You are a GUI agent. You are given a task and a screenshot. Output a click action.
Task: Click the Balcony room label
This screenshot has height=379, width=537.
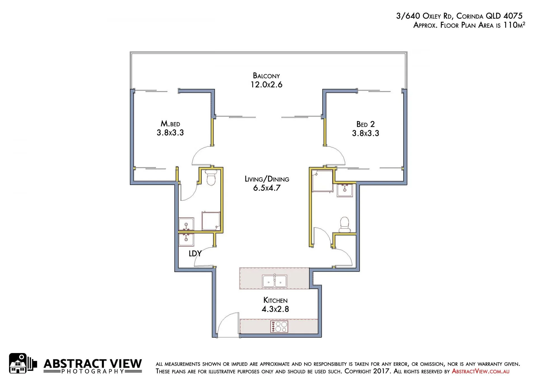pyautogui.click(x=266, y=76)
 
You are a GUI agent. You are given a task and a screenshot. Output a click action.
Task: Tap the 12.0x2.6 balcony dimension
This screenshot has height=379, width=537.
pyautogui.click(x=266, y=85)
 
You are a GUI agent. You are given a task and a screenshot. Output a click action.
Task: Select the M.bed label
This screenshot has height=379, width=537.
pyautogui.click(x=170, y=123)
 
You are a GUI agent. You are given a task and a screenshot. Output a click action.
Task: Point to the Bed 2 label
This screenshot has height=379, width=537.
pyautogui.click(x=366, y=124)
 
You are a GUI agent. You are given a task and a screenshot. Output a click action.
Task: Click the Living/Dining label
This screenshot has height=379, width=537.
pyautogui.click(x=267, y=179)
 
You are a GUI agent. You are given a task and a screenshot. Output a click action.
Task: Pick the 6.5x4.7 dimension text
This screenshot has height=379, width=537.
pyautogui.click(x=267, y=188)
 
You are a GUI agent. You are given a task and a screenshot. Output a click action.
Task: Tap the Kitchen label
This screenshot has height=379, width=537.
pyautogui.click(x=275, y=300)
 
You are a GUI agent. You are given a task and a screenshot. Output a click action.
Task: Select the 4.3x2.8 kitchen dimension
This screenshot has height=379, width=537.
pyautogui.click(x=275, y=309)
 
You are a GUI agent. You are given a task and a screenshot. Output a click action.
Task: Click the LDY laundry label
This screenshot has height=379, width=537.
pyautogui.click(x=195, y=253)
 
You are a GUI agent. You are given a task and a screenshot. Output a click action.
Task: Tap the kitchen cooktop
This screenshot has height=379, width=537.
pyautogui.click(x=279, y=326)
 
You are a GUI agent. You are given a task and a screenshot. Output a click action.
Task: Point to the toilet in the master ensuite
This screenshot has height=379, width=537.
pyautogui.click(x=211, y=178)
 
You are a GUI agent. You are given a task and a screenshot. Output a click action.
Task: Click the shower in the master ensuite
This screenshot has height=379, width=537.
pyautogui.click(x=211, y=221)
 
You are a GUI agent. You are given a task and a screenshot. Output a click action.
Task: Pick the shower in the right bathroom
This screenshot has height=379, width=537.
pyautogui.click(x=322, y=181)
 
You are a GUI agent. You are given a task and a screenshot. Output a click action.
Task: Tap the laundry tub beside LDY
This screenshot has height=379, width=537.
pyautogui.click(x=186, y=240)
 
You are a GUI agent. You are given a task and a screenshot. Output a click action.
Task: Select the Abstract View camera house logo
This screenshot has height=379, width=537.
pyautogui.click(x=23, y=363)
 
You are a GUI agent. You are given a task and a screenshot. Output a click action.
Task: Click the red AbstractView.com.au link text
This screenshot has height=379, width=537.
pyautogui.click(x=481, y=371)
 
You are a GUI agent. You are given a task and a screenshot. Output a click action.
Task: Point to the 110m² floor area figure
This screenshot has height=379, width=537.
pyautogui.click(x=514, y=25)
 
